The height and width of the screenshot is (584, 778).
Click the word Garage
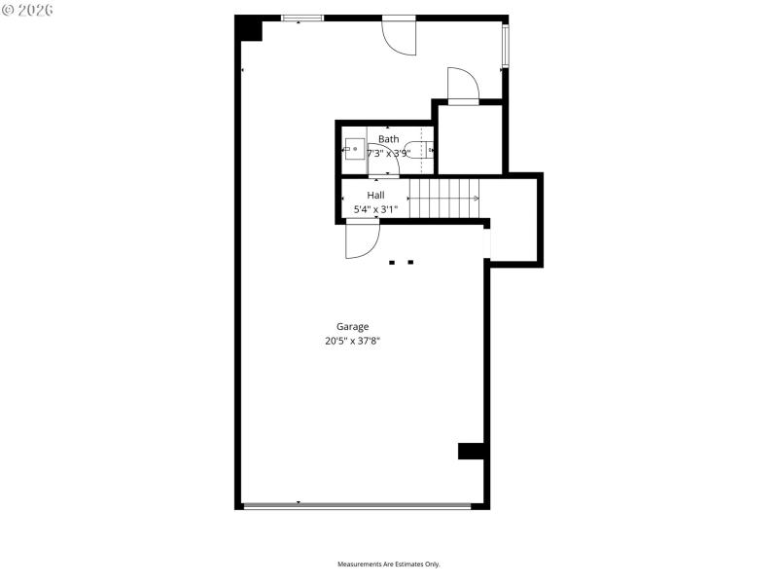tap(352, 327)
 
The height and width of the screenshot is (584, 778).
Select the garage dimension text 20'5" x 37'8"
tap(352, 342)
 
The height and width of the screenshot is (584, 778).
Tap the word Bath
tap(388, 139)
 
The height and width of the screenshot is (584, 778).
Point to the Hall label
tap(375, 195)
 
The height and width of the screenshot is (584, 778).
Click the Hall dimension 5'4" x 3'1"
tap(375, 208)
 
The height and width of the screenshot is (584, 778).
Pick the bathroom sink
tap(355, 150)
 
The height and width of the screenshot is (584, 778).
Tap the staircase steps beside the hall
tap(443, 199)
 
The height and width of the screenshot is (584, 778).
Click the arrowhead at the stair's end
tap(477, 199)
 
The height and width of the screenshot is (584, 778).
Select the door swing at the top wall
tap(399, 37)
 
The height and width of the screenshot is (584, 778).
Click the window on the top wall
tap(302, 18)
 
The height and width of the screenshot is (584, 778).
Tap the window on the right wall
tap(505, 47)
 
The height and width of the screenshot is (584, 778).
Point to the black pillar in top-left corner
tap(250, 29)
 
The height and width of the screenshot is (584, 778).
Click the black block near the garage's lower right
tap(472, 451)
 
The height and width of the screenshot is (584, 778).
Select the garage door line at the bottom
tap(357, 505)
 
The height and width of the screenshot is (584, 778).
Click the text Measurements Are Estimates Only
tap(389, 565)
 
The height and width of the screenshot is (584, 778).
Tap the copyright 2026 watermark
tap(28, 10)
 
